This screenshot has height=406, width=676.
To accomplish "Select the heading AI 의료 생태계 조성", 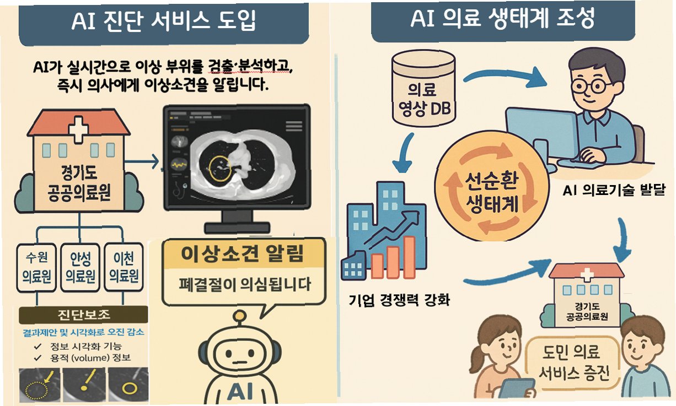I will [502, 20].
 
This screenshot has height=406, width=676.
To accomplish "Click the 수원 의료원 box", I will [37, 267].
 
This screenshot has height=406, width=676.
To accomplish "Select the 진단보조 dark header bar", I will [83, 316].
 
